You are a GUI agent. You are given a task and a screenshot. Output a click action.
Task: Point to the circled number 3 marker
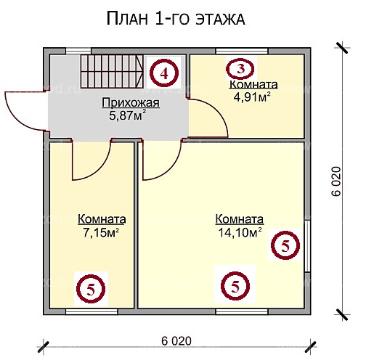pyautogui.click(x=240, y=69)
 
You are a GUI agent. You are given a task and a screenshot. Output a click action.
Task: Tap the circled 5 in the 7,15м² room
pyautogui.click(x=90, y=288)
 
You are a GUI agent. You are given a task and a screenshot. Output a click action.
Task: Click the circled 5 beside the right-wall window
pyautogui.click(x=284, y=246)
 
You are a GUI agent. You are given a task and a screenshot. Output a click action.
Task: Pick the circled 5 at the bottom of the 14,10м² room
pyautogui.click(x=235, y=285)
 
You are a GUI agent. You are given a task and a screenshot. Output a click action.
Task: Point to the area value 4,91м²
pyautogui.click(x=251, y=97)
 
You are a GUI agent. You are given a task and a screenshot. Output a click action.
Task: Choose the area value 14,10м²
pyautogui.click(x=239, y=232)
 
